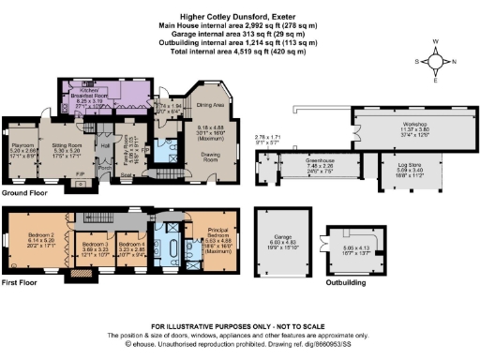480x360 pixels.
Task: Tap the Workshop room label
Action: [414, 124]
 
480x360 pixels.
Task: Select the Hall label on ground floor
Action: [105, 145]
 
